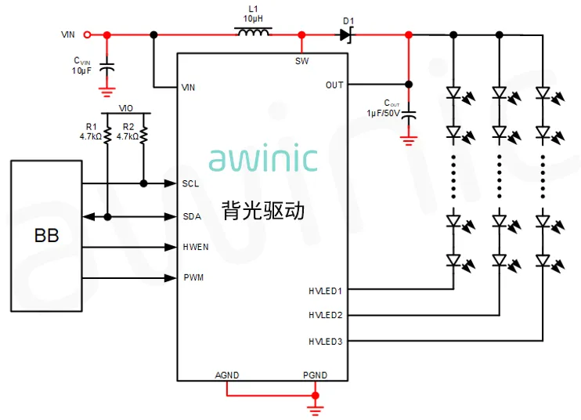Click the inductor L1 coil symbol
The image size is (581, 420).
[x=252, y=33]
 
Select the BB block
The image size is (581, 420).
[x=46, y=234]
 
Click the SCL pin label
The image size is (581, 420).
[x=190, y=183]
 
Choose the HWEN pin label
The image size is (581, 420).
[x=195, y=247]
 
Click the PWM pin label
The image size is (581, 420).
[x=193, y=278]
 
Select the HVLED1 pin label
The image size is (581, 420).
[x=325, y=291]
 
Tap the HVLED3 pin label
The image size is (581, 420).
[x=325, y=341]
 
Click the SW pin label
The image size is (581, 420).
[x=301, y=61]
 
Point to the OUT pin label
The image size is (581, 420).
[x=334, y=85]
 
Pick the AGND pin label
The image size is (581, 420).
[x=227, y=375]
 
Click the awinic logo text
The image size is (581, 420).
[x=263, y=158]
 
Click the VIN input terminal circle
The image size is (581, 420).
[x=87, y=34]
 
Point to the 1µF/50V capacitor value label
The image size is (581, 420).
[x=383, y=113]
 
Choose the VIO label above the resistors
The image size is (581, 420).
[x=126, y=108]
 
